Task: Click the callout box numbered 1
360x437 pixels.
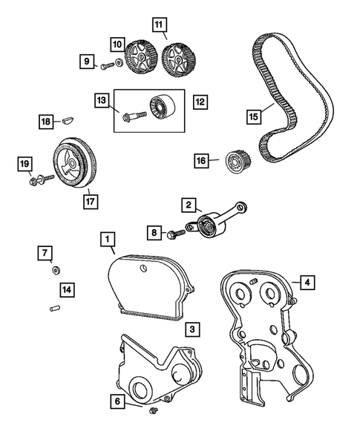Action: point(108,239)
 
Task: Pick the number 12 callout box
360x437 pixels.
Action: point(198,99)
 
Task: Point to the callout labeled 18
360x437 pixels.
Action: point(46,121)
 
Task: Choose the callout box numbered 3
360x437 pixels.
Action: point(192,328)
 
